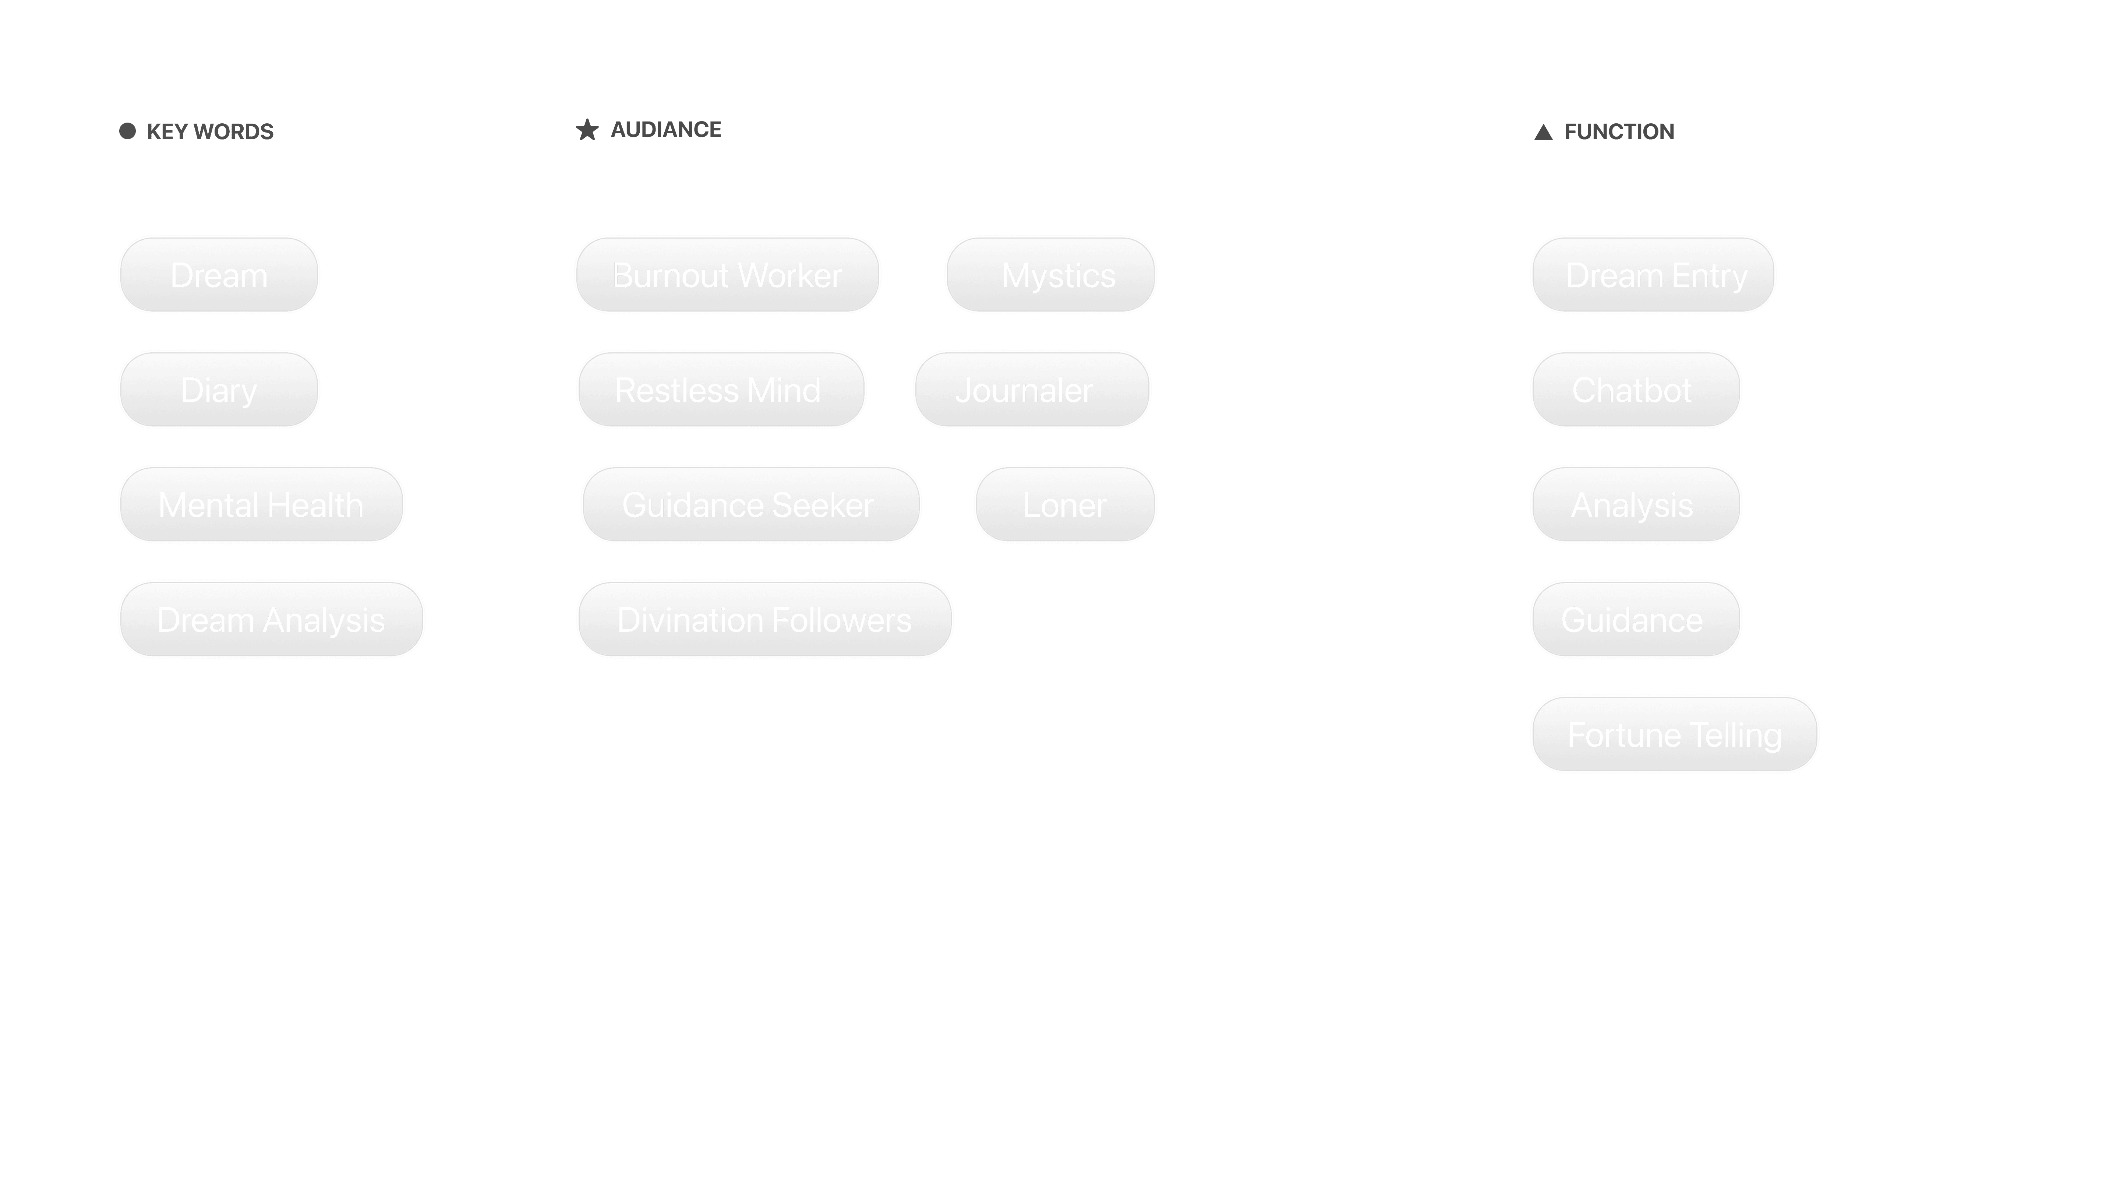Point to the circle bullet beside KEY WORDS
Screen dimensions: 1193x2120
[127, 131]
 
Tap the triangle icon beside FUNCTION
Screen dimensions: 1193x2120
[1543, 133]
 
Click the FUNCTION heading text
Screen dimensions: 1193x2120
[1618, 132]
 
